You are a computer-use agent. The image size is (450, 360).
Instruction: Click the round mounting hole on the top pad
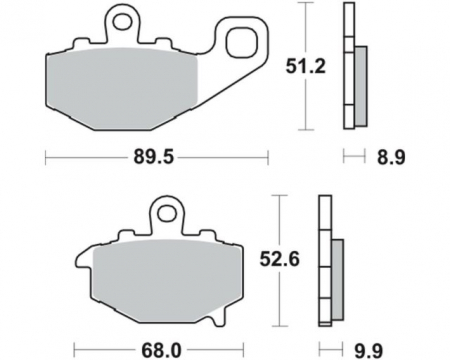coord(121,17)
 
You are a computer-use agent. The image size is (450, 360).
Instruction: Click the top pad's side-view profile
coord(348,65)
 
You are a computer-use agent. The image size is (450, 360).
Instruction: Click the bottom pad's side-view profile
coord(324,260)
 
